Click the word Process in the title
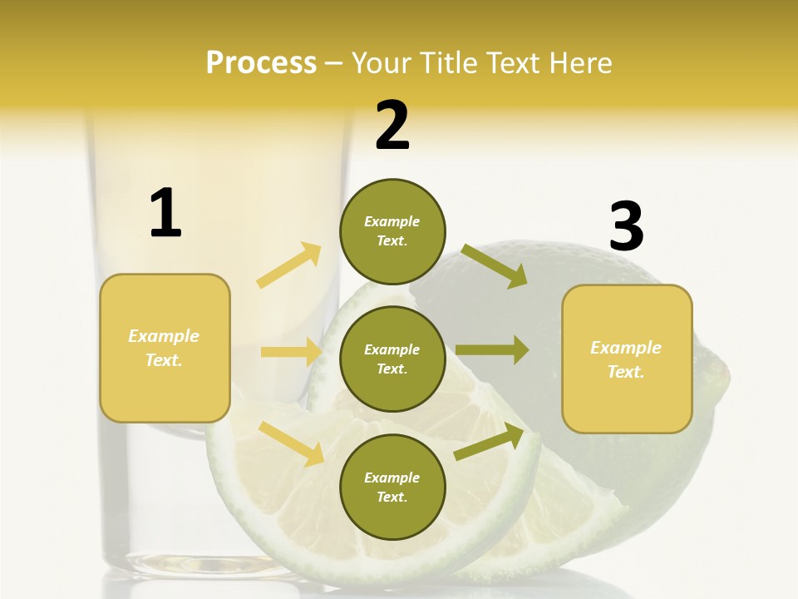click(261, 63)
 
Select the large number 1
click(165, 213)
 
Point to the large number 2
click(392, 126)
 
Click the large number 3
click(626, 226)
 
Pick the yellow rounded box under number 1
click(165, 348)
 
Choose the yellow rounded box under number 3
click(627, 359)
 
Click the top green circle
click(392, 231)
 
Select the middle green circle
click(392, 359)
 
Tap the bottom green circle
click(392, 488)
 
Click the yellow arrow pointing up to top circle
click(289, 265)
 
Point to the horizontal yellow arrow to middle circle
click(291, 352)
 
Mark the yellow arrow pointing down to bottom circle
click(291, 443)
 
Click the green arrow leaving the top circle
click(494, 265)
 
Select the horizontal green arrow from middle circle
click(492, 350)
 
